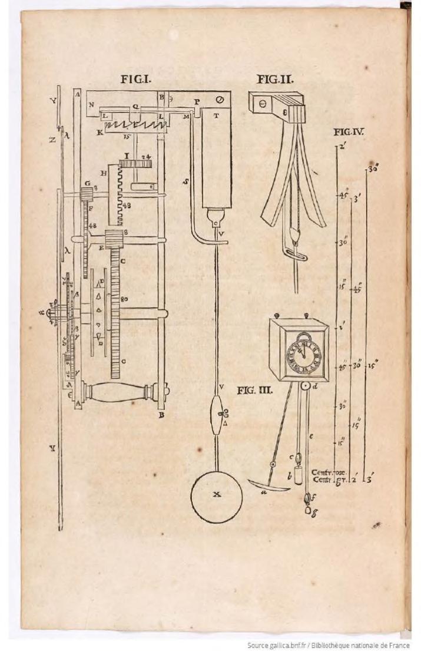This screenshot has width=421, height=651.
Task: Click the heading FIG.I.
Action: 137,81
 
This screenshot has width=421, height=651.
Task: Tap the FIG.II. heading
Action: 276,79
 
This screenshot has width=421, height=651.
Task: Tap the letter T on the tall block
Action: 216,116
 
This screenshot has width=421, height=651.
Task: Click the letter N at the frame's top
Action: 91,105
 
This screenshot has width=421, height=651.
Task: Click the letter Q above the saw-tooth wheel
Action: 134,107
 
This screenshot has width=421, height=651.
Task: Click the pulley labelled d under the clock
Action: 305,388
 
